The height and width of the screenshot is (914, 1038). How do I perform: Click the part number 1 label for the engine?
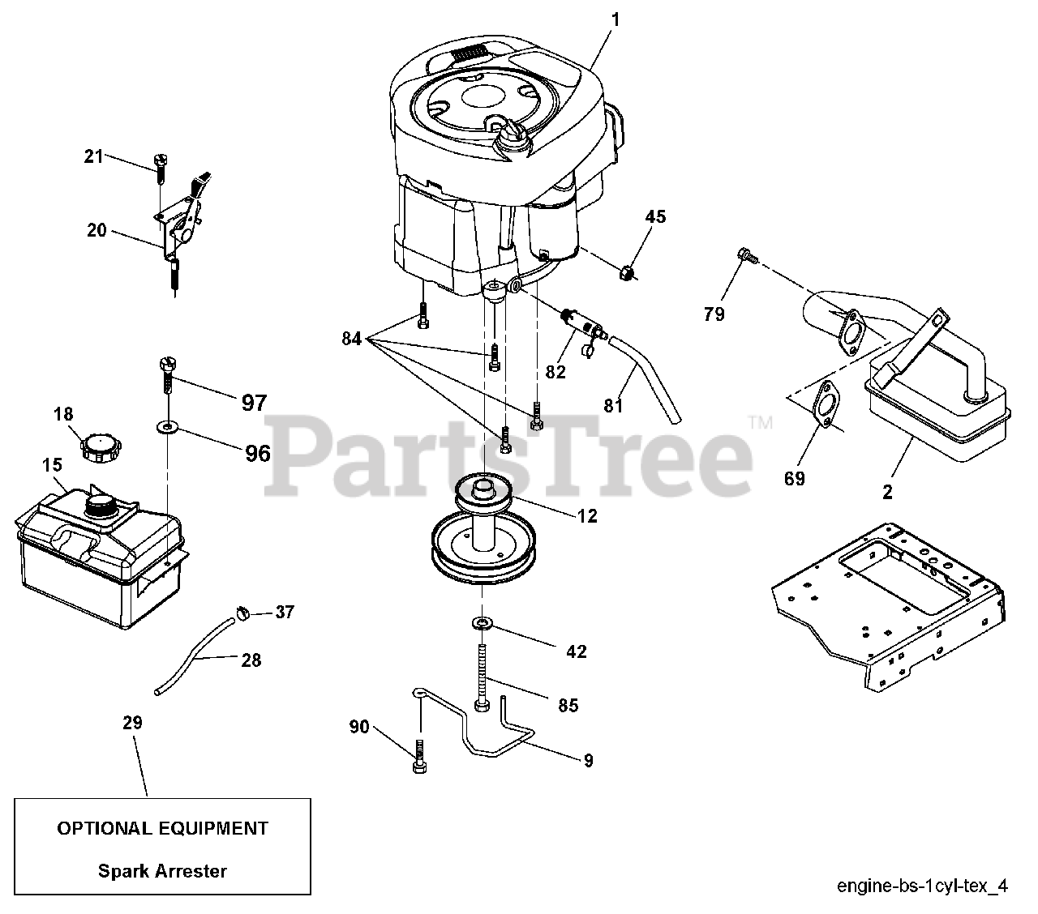tap(614, 20)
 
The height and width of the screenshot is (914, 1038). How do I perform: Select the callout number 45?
tap(655, 216)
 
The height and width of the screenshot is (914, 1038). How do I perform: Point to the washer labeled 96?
tap(168, 425)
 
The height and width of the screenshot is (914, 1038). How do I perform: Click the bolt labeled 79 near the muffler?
tap(747, 257)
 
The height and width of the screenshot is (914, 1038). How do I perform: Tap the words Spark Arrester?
tap(162, 871)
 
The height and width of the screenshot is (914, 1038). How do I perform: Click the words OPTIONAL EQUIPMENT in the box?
tap(162, 828)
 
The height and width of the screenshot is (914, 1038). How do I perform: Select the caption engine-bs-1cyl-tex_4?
tap(922, 886)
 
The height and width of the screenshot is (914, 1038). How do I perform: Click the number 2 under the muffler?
tap(887, 491)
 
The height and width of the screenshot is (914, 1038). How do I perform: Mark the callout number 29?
tap(132, 723)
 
